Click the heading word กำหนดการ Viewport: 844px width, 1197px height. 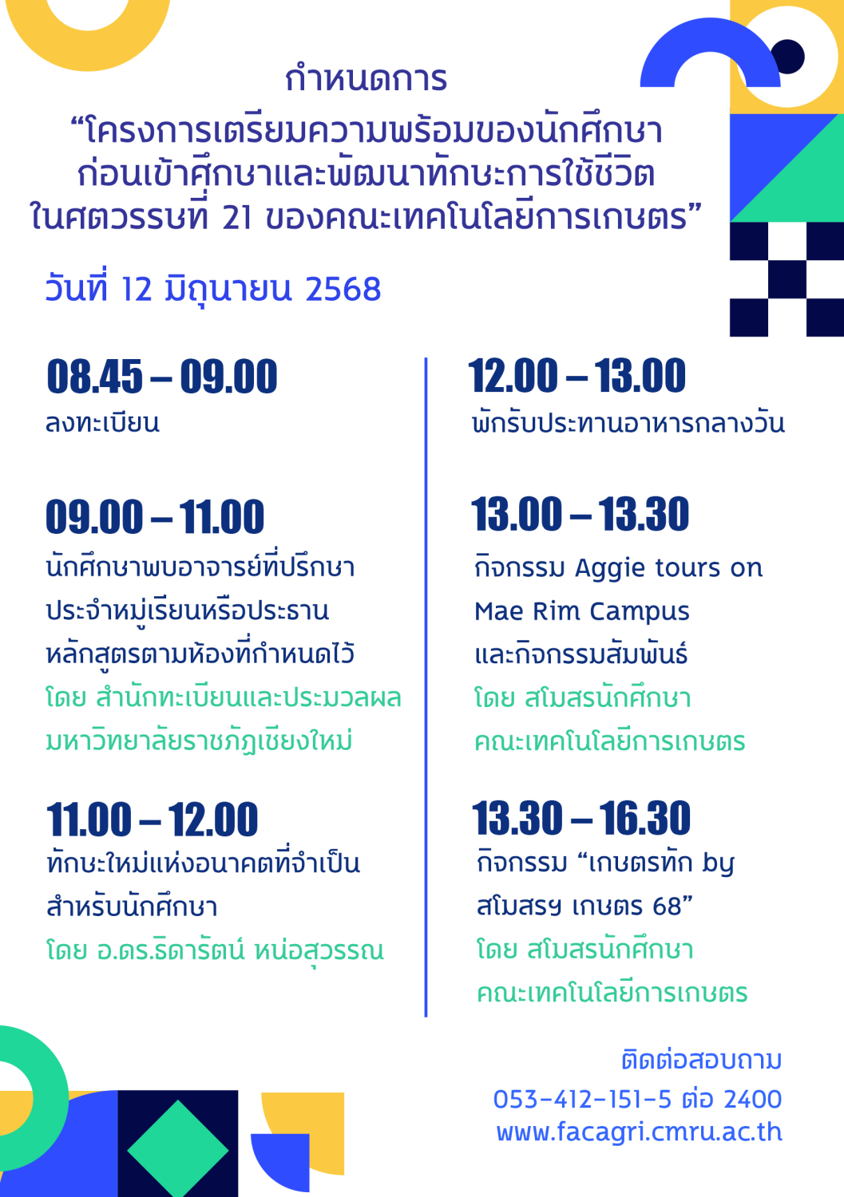(366, 78)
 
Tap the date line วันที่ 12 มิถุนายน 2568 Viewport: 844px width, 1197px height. (213, 288)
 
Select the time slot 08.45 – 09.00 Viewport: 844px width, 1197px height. (162, 376)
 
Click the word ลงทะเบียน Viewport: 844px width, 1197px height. (102, 422)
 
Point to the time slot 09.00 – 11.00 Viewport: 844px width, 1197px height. (155, 517)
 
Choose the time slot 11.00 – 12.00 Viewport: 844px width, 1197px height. (153, 820)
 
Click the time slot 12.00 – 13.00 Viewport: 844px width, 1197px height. (577, 375)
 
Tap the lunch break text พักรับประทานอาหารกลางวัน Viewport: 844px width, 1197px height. (628, 422)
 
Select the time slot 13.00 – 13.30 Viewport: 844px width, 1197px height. (580, 514)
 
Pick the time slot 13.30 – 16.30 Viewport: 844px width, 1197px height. (581, 818)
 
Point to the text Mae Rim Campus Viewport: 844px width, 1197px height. (582, 612)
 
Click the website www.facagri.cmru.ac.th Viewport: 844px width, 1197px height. (639, 1132)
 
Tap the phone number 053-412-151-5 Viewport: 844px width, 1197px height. (582, 1099)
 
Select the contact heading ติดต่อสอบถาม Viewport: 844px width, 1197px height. (702, 1059)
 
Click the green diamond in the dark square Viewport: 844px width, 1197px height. (178, 1149)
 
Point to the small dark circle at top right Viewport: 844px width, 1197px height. (787, 56)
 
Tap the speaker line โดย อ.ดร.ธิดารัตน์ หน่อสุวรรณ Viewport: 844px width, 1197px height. (215, 950)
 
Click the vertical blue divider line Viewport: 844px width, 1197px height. (426, 687)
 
